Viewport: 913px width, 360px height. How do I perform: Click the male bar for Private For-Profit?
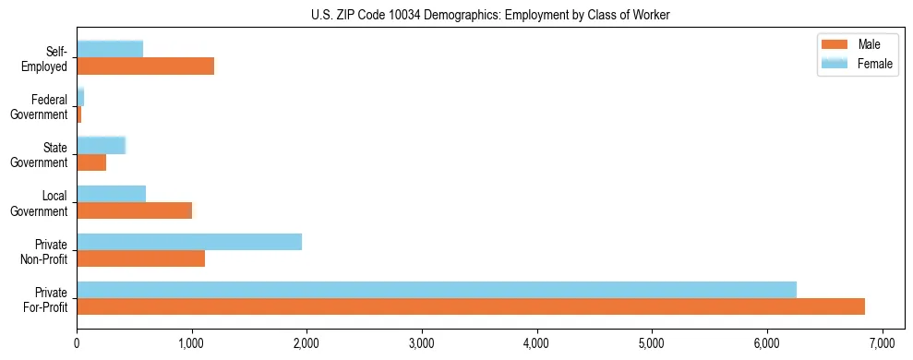(471, 306)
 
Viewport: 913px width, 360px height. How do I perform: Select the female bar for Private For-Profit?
(437, 289)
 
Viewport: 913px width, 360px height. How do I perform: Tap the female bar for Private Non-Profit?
(189, 242)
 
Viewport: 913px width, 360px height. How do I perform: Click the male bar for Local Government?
(135, 210)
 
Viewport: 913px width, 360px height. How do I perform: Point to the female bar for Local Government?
(111, 193)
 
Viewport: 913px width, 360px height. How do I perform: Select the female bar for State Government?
(101, 145)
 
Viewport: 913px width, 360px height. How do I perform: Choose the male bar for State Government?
(91, 162)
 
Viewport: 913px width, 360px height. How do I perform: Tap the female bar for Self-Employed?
(110, 49)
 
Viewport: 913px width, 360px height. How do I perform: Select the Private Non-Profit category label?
(45, 251)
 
